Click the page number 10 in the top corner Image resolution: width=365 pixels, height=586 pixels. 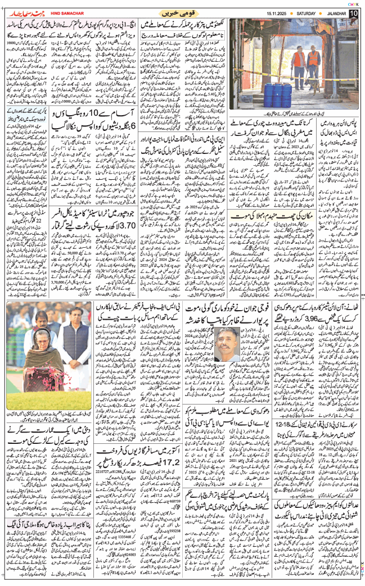coord(353,13)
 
